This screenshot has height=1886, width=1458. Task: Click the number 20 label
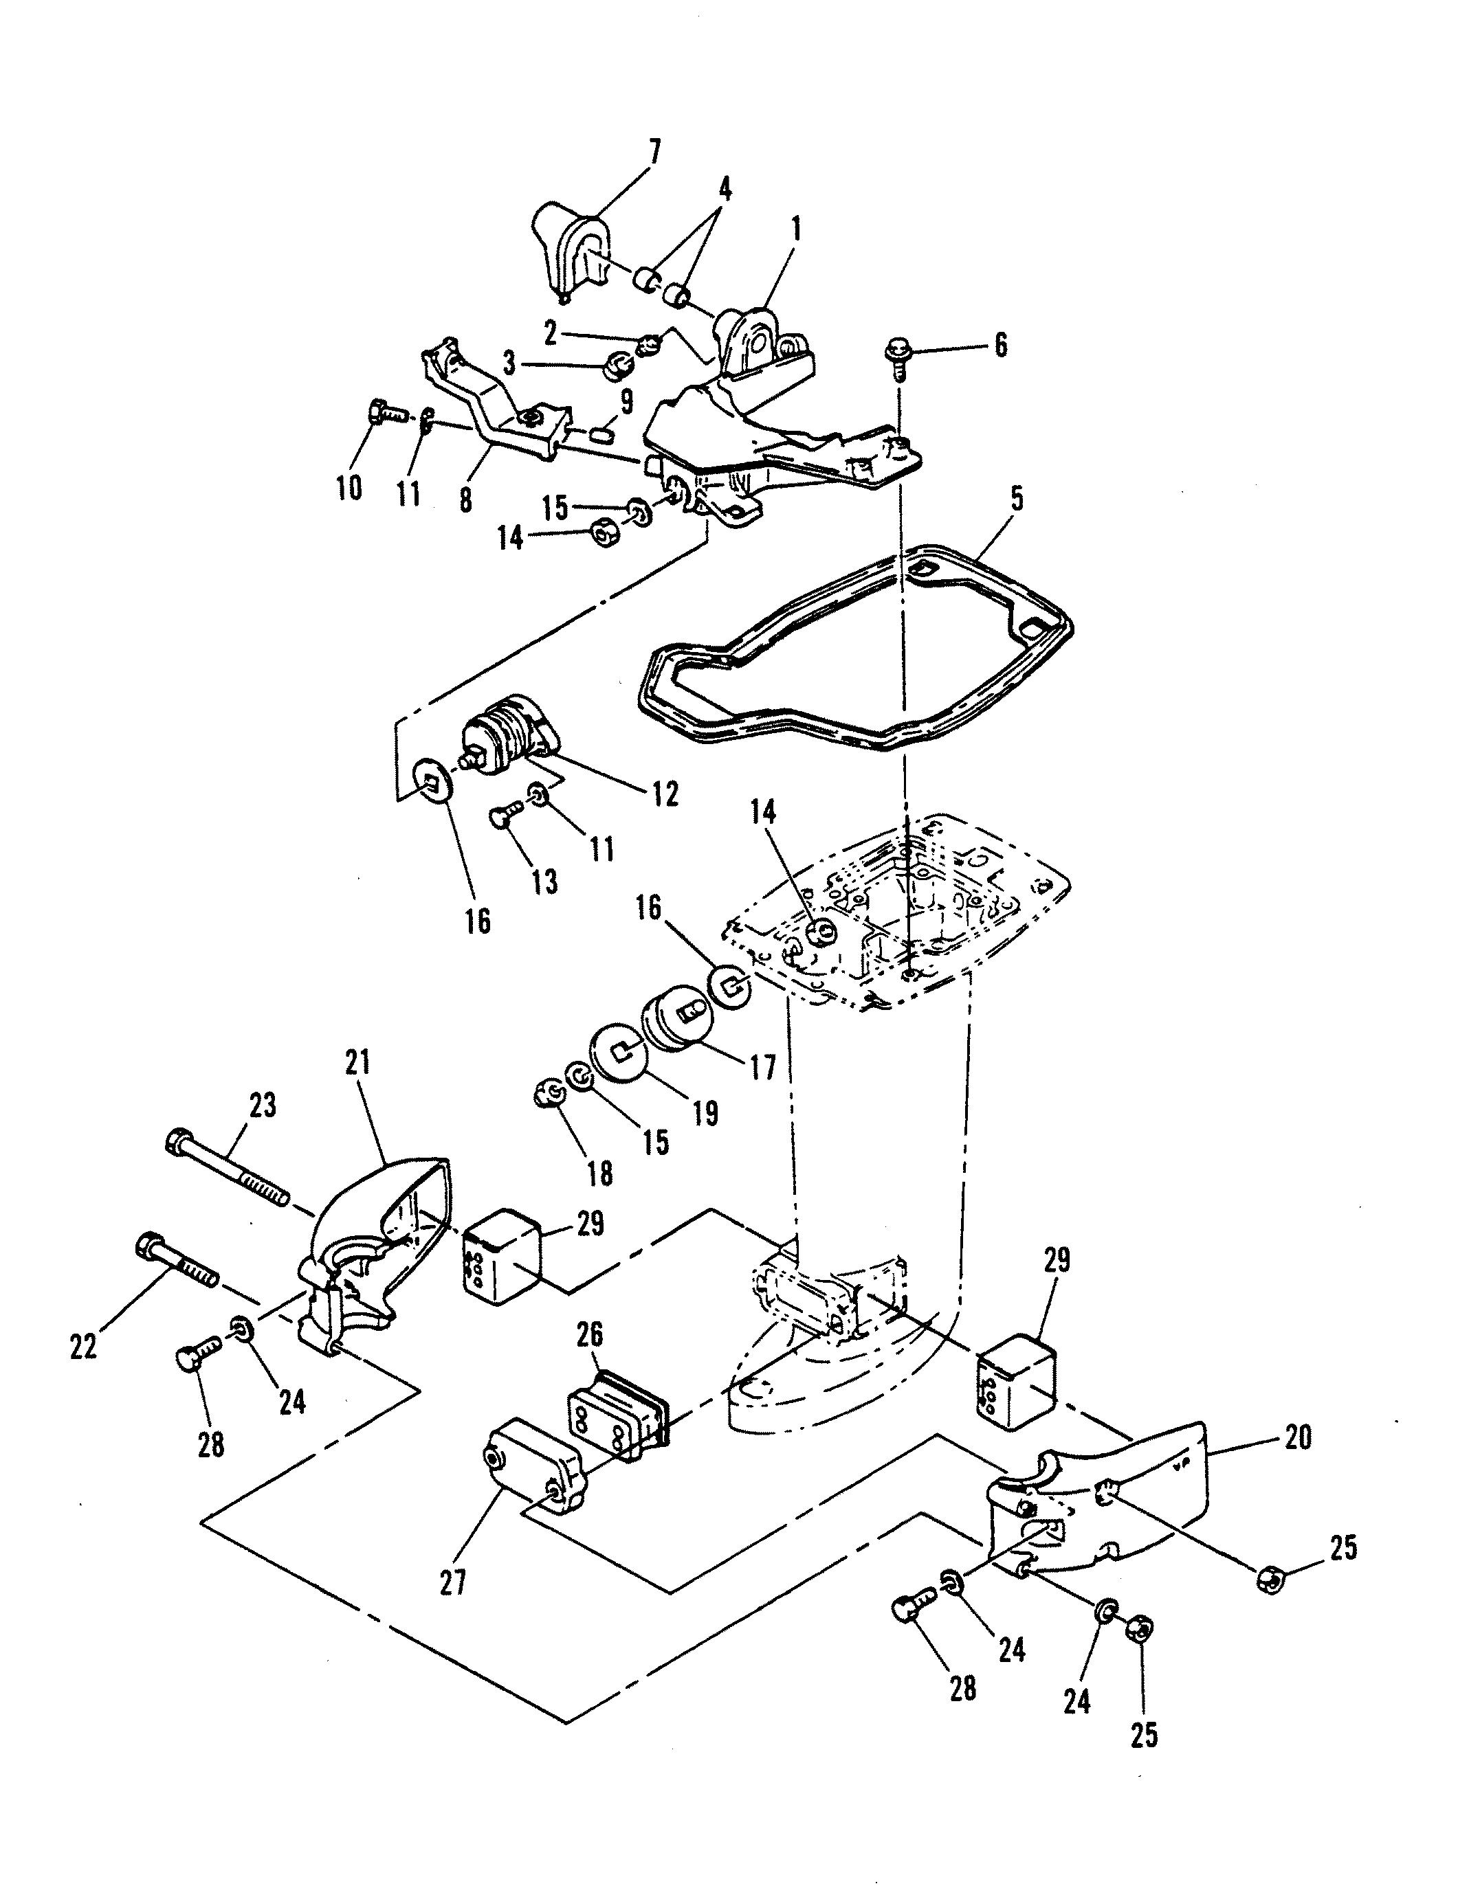click(x=1297, y=1438)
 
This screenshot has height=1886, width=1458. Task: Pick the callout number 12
click(x=665, y=794)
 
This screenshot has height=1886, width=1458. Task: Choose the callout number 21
click(x=357, y=1063)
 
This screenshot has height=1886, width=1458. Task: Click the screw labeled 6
click(x=898, y=357)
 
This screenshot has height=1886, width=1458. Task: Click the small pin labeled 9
click(x=603, y=430)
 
